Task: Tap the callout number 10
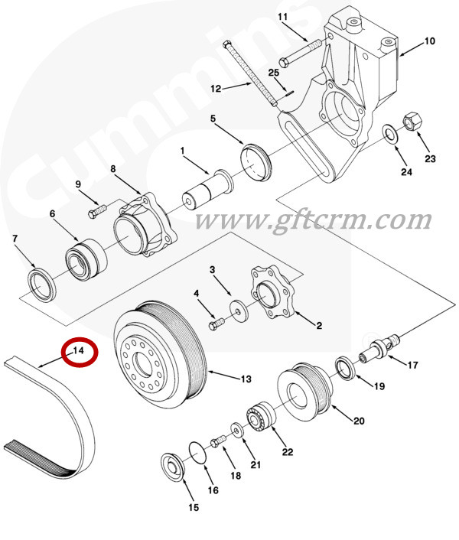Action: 429,41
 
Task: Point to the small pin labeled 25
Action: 289,92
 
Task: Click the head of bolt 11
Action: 284,63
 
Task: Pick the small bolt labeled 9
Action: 98,211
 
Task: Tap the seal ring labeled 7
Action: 41,284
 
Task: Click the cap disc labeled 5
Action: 256,163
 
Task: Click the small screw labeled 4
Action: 216,324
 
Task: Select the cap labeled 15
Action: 173,467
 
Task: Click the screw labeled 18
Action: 217,441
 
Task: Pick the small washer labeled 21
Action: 236,430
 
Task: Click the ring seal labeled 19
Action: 345,368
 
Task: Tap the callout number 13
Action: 246,379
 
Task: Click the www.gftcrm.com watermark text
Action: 313,220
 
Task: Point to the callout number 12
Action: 216,89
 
